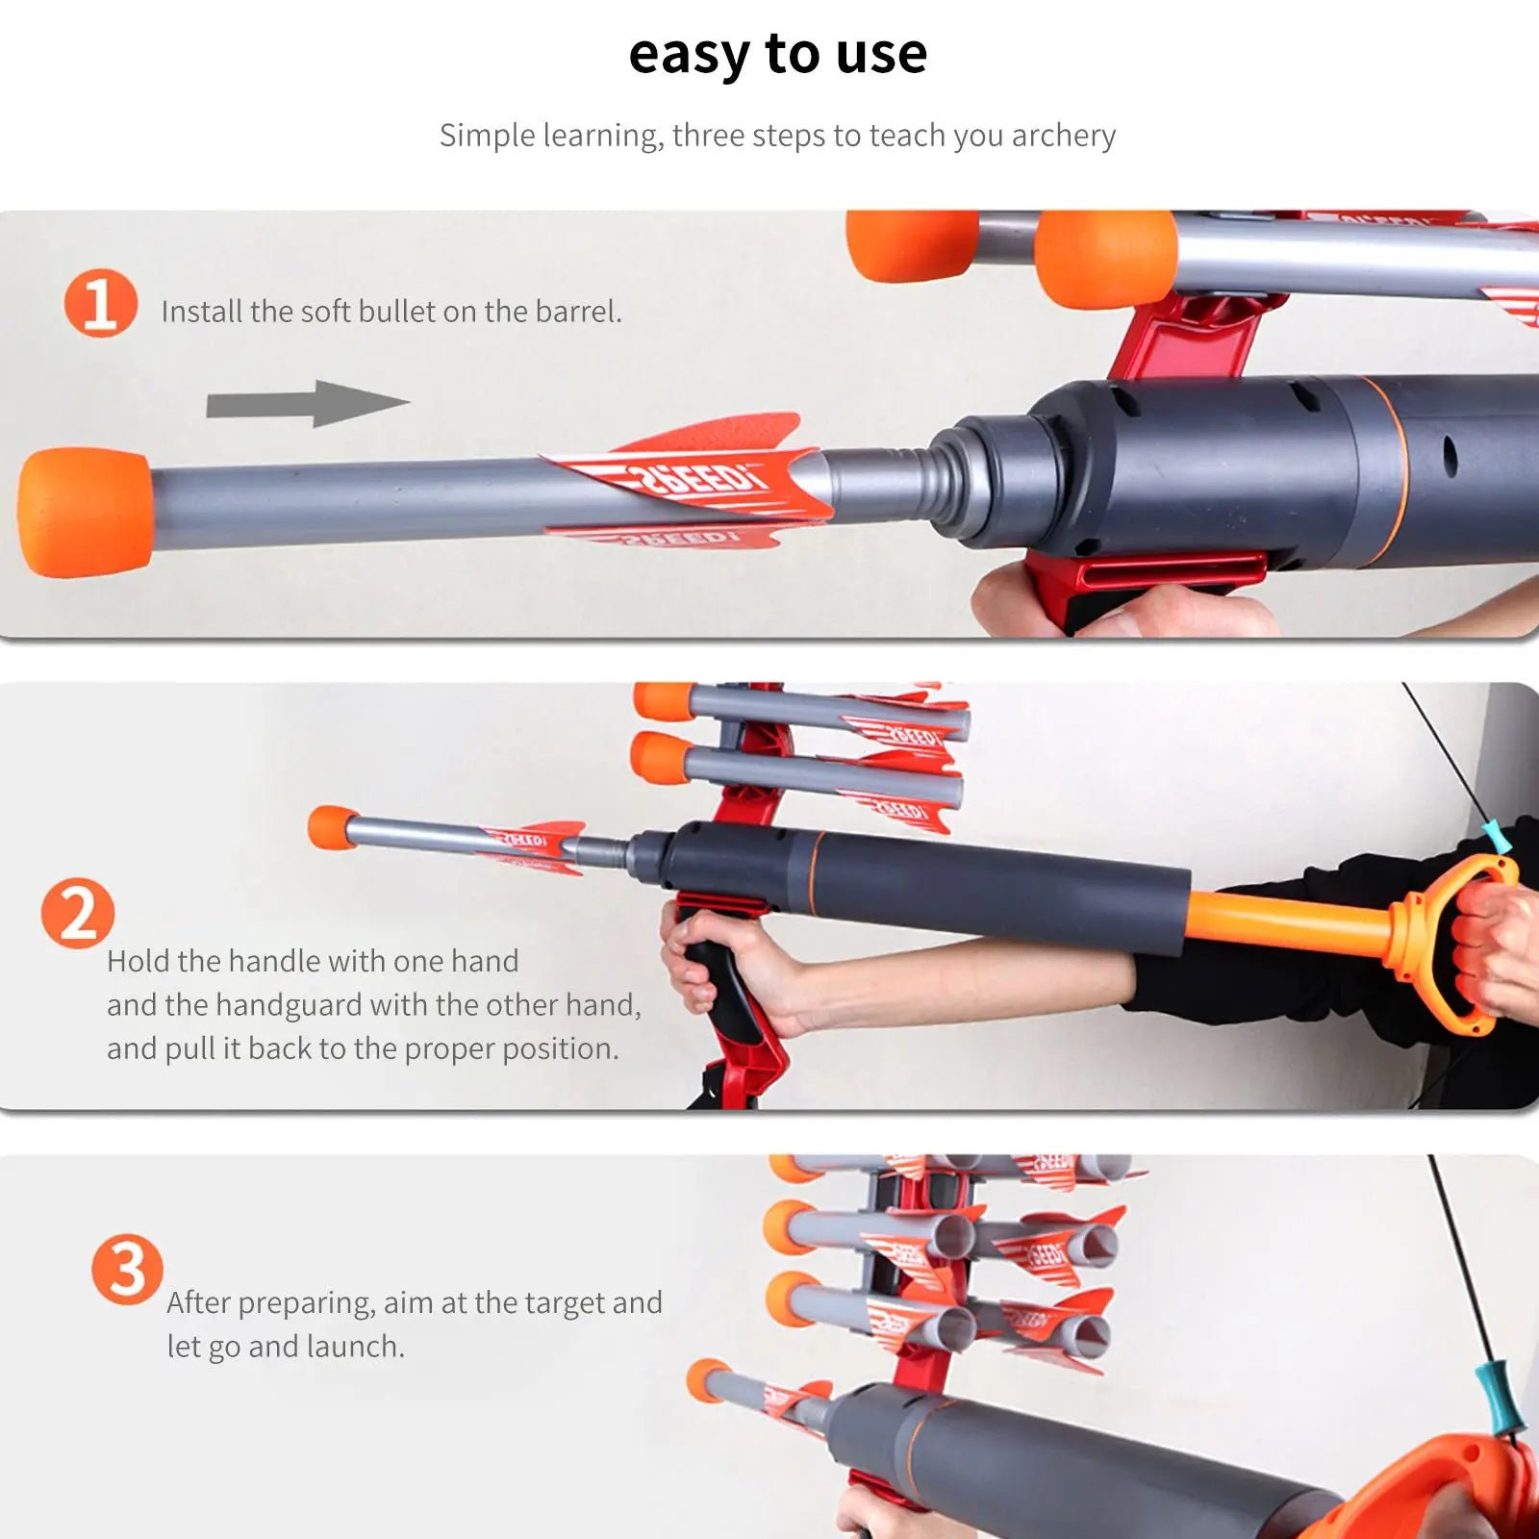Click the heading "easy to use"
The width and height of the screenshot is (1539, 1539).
click(777, 55)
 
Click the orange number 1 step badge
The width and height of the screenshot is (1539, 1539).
click(100, 303)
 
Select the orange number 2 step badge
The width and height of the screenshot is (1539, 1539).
click(77, 913)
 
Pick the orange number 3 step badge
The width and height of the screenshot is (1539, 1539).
click(127, 1270)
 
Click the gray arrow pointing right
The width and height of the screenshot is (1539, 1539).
click(308, 404)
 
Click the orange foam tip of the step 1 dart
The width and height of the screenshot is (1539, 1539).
click(85, 512)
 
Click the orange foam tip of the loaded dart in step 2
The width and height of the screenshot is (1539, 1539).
click(332, 828)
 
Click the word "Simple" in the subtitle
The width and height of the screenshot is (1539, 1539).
click(489, 136)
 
